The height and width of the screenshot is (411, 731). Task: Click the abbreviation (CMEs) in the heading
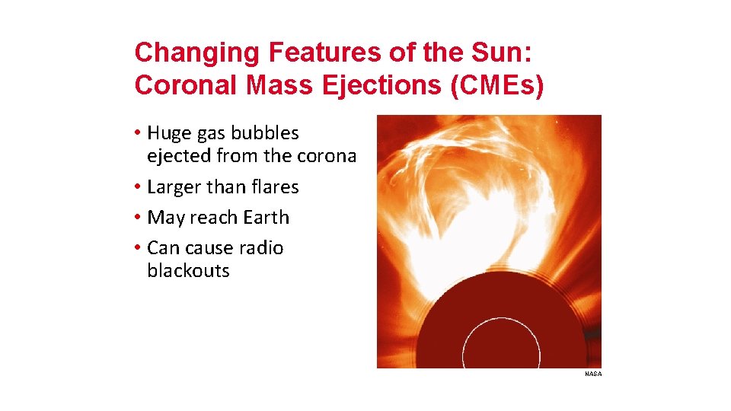click(x=498, y=86)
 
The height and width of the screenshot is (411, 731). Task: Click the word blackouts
click(x=188, y=271)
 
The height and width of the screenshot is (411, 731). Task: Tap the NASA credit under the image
click(x=593, y=374)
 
